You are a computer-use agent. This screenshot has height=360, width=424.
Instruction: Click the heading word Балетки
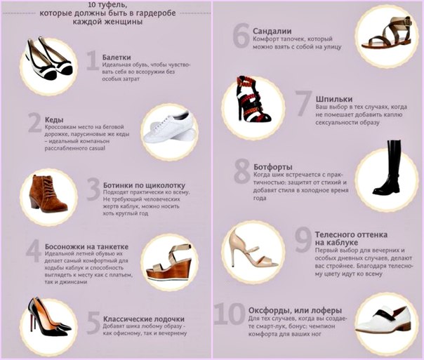pos(117,58)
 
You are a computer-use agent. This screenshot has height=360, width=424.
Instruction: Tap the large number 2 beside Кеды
pos(35,123)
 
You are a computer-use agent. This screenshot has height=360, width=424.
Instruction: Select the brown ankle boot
pos(47,193)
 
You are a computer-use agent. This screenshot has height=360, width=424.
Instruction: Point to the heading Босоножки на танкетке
pos(86,247)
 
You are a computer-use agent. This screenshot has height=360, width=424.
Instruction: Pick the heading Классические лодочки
pos(144,319)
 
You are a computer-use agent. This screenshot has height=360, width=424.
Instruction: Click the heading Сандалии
pos(272,31)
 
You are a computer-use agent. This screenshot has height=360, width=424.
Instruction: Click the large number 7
pos(303,103)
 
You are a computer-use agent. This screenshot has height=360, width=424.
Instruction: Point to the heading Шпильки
pos(334,99)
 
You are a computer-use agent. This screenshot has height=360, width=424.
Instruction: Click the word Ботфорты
pos(273,167)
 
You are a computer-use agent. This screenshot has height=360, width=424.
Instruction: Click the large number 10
pos(230,314)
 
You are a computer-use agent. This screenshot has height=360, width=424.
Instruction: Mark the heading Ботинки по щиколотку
pos(145,185)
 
